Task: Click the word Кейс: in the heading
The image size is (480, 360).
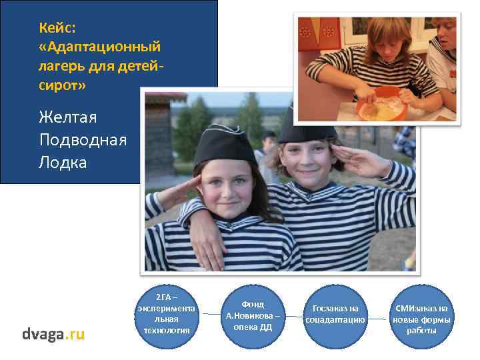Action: coord(57,27)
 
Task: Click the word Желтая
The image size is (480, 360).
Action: coord(68,117)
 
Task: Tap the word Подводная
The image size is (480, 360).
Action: coord(82,140)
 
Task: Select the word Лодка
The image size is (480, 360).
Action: coord(63,163)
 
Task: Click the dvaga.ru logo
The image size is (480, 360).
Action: coord(53,334)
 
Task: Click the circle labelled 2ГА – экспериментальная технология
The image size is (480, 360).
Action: coord(166,313)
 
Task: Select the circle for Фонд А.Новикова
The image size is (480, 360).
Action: coord(253,315)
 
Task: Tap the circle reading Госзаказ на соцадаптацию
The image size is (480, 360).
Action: coord(335,314)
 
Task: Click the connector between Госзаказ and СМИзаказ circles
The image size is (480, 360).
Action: coord(378,318)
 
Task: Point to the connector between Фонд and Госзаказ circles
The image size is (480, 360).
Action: coord(293,315)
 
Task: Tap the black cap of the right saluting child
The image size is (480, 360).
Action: coord(306,131)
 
